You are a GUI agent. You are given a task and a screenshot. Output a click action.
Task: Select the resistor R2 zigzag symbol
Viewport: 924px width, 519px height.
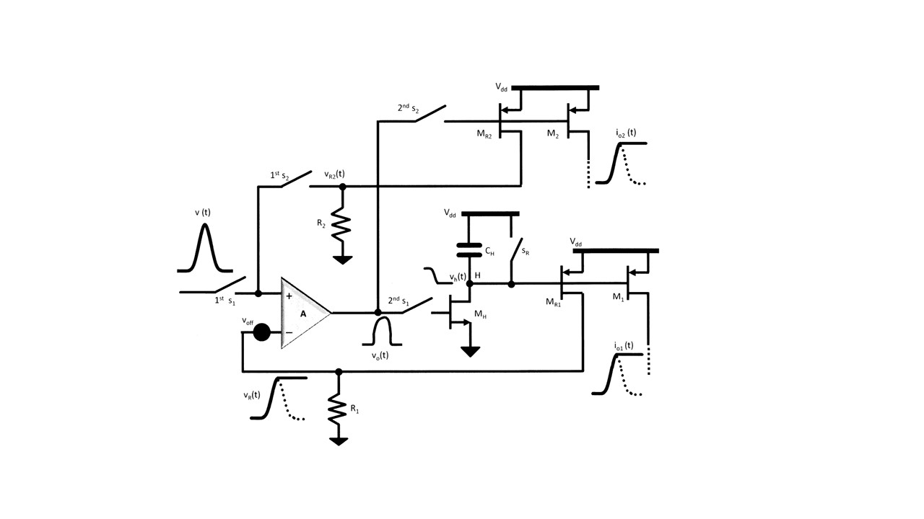(342, 224)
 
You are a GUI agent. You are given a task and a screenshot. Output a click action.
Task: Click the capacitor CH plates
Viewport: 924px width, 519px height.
(469, 250)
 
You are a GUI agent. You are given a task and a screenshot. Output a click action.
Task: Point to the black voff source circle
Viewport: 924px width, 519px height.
(261, 332)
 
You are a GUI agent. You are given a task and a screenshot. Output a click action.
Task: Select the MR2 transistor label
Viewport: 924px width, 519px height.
(484, 134)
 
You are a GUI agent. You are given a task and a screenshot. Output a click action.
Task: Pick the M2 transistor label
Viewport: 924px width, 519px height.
(553, 133)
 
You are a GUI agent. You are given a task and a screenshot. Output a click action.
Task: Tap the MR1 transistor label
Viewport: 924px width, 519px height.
(553, 302)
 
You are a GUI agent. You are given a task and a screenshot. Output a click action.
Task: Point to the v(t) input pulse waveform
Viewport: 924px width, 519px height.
(205, 247)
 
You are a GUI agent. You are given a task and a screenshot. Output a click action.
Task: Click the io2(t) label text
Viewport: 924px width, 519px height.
(626, 133)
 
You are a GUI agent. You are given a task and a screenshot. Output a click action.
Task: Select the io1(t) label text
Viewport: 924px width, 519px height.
(623, 346)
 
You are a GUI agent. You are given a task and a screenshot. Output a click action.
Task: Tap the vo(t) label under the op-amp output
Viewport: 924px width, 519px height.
(380, 355)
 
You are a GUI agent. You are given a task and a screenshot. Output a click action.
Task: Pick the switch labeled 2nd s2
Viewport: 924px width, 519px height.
(430, 114)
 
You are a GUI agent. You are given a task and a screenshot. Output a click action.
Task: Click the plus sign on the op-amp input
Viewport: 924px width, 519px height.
(289, 296)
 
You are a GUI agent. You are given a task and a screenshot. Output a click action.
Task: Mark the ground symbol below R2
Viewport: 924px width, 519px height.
(342, 260)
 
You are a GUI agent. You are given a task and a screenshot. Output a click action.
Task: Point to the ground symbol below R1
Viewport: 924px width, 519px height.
(339, 441)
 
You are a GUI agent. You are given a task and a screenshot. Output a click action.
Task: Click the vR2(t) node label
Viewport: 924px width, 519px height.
(334, 174)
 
